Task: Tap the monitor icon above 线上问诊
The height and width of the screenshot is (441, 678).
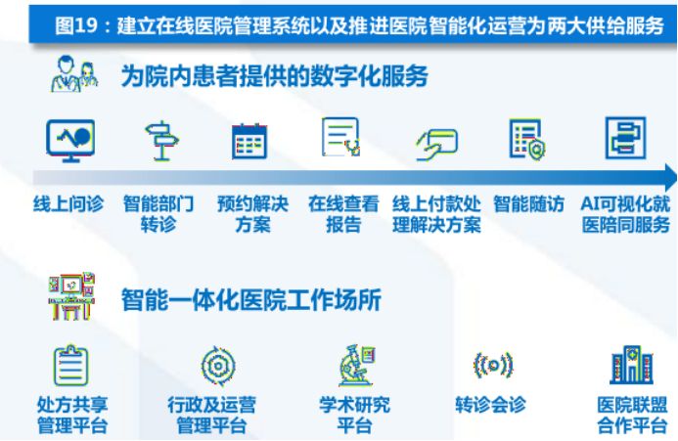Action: (x=70, y=139)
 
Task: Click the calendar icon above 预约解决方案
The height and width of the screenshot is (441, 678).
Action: (x=249, y=141)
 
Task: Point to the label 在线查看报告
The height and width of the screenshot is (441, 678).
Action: (x=343, y=214)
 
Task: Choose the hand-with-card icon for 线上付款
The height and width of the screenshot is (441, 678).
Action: (x=437, y=143)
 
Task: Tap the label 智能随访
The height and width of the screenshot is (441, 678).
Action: (x=528, y=204)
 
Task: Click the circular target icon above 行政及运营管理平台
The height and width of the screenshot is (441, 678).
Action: (x=217, y=366)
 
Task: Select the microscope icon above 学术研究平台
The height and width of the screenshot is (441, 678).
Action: (x=353, y=365)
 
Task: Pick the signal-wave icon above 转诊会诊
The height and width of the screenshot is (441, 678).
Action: (x=493, y=366)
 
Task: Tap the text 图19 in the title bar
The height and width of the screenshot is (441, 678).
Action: (x=81, y=24)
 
